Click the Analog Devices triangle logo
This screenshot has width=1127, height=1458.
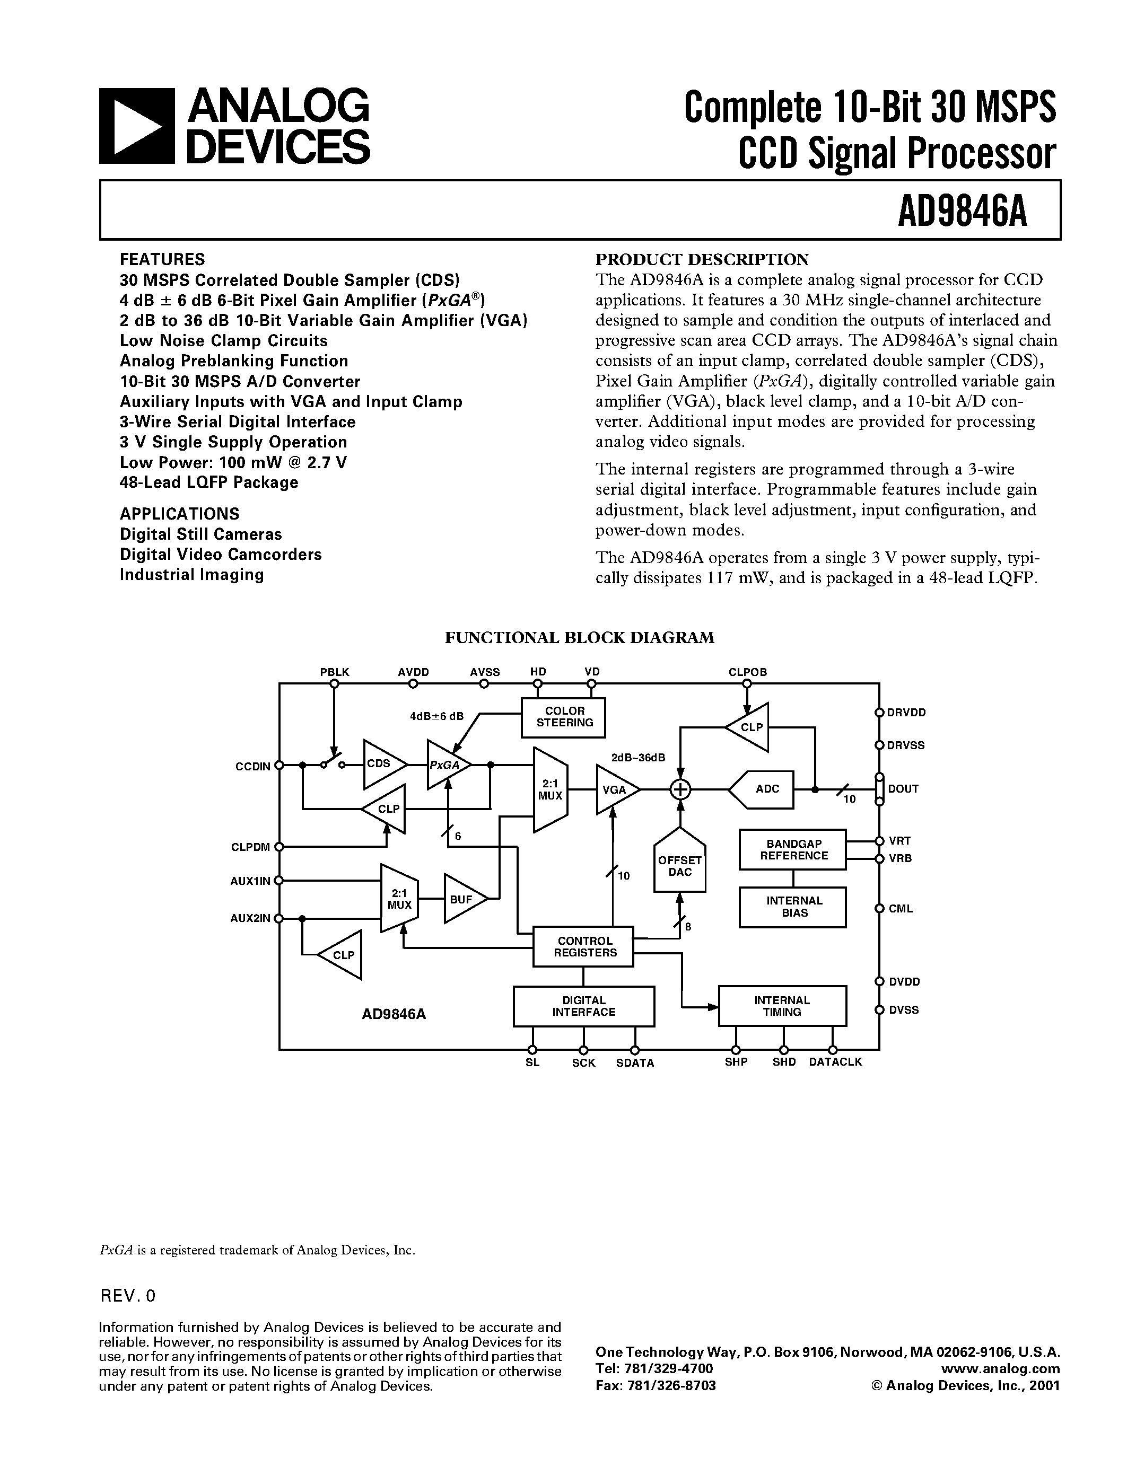click(x=136, y=126)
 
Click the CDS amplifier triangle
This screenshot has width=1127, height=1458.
click(x=382, y=763)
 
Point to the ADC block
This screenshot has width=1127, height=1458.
click(x=764, y=789)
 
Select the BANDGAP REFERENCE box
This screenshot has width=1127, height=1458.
click(x=792, y=850)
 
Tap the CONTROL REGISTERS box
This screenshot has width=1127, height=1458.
click(x=583, y=946)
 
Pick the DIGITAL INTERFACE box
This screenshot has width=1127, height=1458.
click(x=583, y=1006)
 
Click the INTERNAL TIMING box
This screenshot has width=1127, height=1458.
click(x=782, y=1006)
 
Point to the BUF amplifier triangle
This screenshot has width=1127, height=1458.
click(x=462, y=899)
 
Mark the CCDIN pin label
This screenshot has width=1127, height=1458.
click(x=253, y=767)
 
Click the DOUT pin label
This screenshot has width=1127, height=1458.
click(x=903, y=789)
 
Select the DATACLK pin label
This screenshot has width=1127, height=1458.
click(x=835, y=1062)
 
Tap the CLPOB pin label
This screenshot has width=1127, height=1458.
click(x=747, y=672)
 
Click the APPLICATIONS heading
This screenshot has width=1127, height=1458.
click(x=179, y=514)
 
